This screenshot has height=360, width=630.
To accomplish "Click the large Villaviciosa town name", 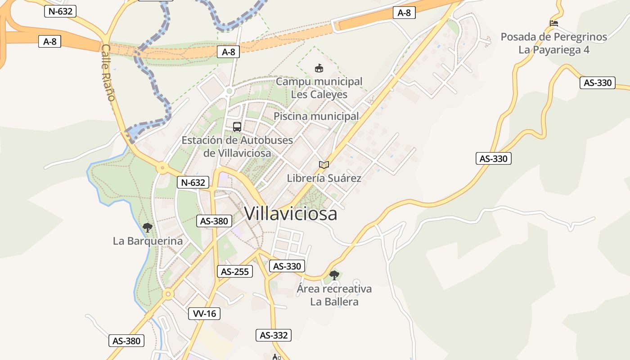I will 291,213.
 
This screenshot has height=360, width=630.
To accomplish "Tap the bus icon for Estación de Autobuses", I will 237,127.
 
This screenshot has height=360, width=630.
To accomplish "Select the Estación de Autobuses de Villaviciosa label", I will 237,147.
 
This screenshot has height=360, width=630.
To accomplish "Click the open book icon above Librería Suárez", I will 324,165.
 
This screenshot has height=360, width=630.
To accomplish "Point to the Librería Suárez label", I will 324,178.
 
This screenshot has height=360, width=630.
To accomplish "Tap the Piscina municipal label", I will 316,116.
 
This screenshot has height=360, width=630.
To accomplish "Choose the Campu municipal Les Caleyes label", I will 319,88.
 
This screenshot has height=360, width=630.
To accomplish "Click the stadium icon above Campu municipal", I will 319,68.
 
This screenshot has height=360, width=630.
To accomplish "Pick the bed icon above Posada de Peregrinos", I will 554,23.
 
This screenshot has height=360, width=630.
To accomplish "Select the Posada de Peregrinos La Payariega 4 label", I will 554,43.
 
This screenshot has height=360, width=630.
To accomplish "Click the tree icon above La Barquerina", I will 148,228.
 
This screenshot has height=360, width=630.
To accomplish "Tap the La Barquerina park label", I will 148,241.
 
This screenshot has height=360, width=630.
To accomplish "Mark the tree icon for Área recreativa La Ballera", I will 334,275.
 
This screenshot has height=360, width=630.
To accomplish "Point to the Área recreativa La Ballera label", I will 334,295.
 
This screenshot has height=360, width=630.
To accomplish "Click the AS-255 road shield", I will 234,271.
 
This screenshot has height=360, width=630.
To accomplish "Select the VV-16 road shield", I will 205,314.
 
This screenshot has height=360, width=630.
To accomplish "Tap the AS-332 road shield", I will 274,335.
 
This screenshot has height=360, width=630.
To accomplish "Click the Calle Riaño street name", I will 108,72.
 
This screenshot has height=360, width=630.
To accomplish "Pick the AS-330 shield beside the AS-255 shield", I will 287,266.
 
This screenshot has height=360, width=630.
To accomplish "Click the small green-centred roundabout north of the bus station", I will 229,91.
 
